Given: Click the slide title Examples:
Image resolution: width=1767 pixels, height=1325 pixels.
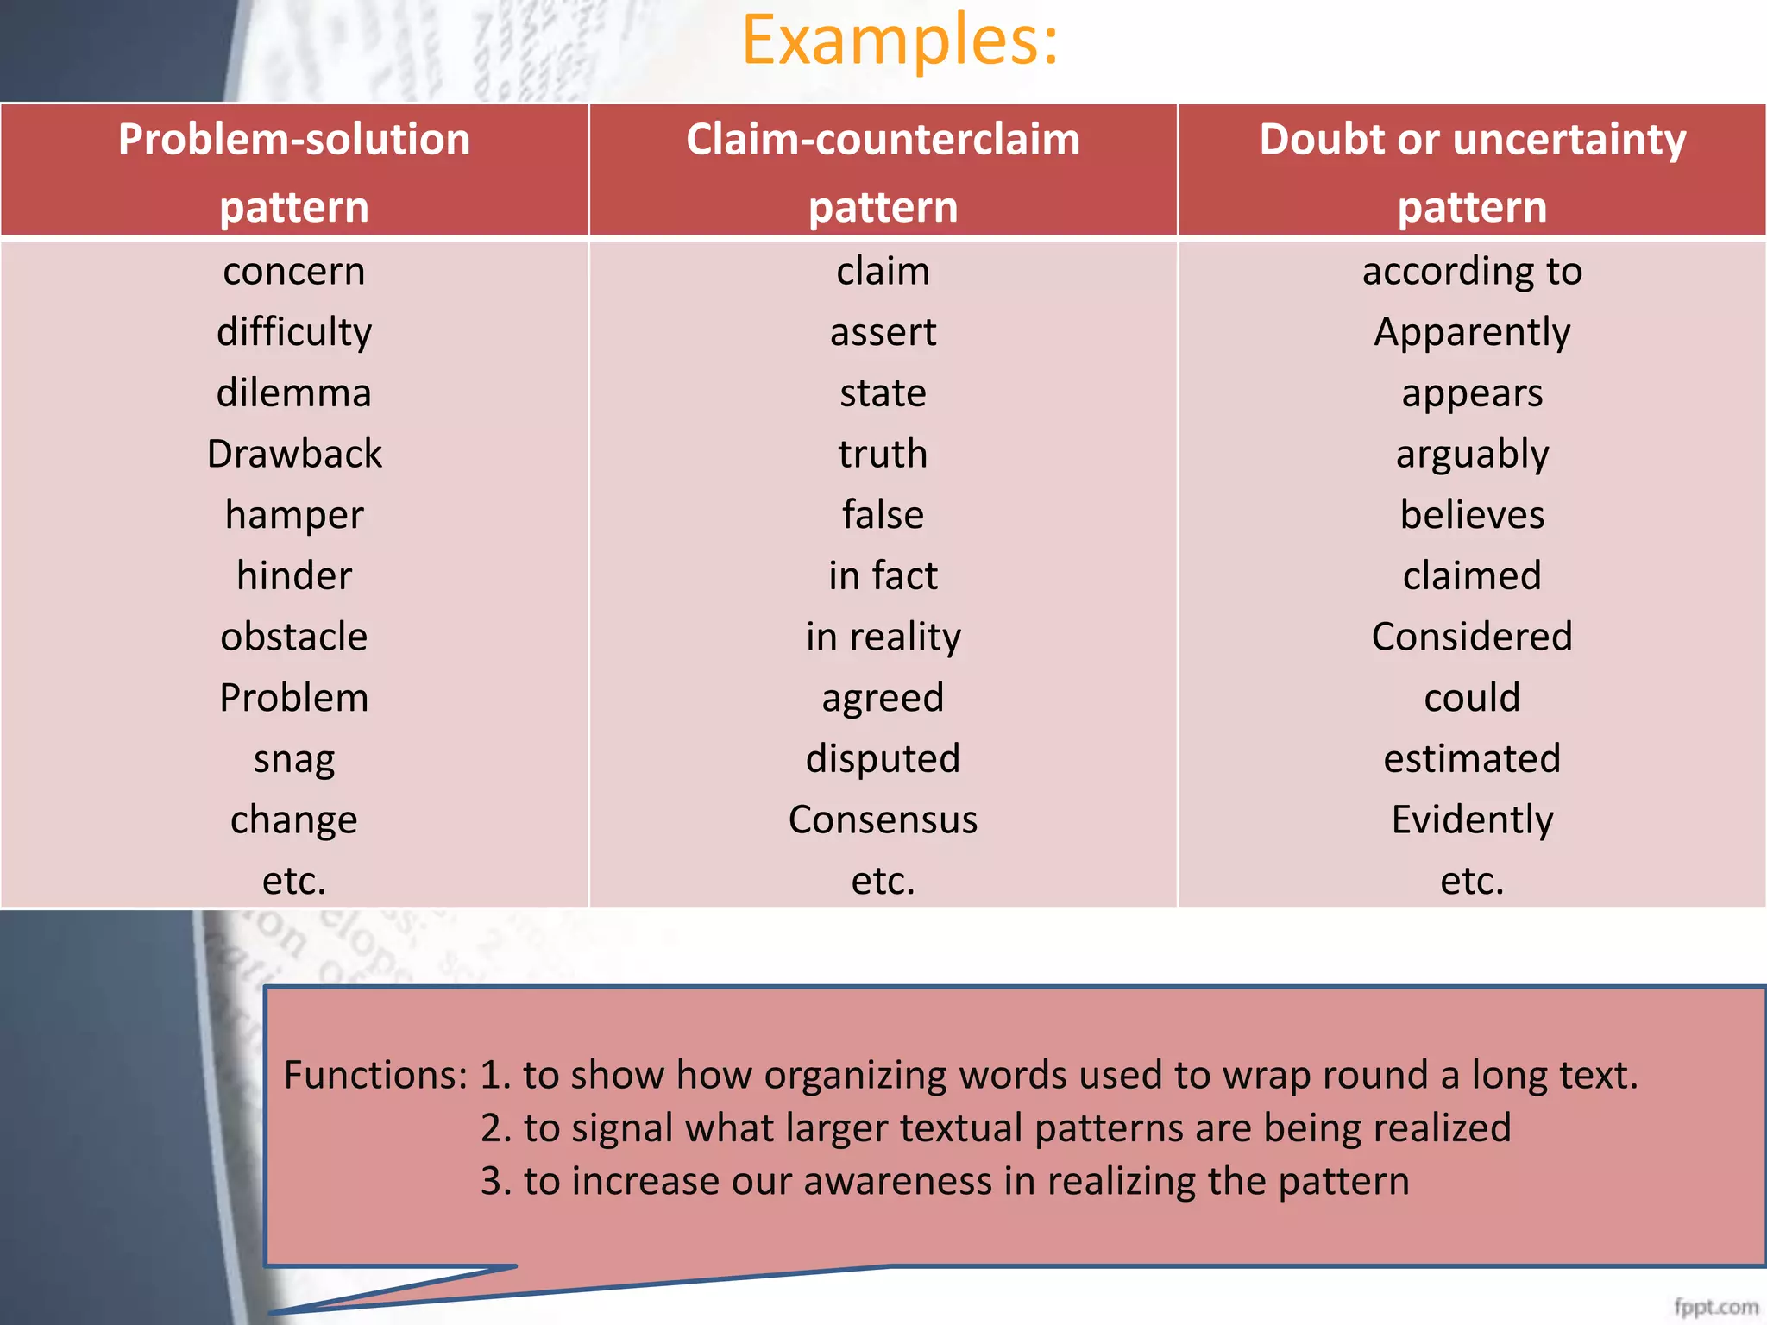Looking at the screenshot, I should click(900, 41).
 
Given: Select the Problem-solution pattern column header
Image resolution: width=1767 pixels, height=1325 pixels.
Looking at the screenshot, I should click(294, 172).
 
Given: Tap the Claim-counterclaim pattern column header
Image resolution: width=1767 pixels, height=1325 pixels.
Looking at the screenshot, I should click(883, 172).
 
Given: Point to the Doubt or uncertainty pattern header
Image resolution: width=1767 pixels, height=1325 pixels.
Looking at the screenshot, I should click(1472, 172).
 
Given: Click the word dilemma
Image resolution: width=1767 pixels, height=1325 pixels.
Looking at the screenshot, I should click(294, 393).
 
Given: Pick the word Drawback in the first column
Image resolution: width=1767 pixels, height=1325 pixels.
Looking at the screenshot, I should click(294, 454).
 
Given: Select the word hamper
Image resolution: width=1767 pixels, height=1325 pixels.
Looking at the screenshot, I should click(294, 515).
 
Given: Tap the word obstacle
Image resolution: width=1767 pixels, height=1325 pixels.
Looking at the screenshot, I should click(294, 637).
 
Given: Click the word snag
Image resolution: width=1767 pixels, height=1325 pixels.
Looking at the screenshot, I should click(294, 759).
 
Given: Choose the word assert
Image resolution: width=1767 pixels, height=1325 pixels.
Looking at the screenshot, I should click(883, 332).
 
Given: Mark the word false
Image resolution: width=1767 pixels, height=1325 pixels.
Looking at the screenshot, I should click(883, 515).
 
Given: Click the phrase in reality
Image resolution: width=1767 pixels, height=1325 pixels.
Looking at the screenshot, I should click(883, 637).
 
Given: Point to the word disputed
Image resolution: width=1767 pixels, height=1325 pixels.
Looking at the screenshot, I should click(883, 759).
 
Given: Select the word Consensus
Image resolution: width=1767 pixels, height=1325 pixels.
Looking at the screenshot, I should click(883, 819).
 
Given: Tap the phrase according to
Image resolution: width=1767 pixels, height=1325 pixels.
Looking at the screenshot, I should click(1472, 272).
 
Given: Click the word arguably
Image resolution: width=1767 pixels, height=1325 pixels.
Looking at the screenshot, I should click(1472, 455).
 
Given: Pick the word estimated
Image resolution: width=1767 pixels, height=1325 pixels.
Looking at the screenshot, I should click(1472, 759).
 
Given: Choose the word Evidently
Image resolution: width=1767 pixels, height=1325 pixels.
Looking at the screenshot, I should click(1472, 819).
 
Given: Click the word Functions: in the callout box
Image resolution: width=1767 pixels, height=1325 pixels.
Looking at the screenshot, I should click(375, 1076).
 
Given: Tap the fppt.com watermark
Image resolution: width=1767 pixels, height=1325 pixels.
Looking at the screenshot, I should click(1715, 1307).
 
